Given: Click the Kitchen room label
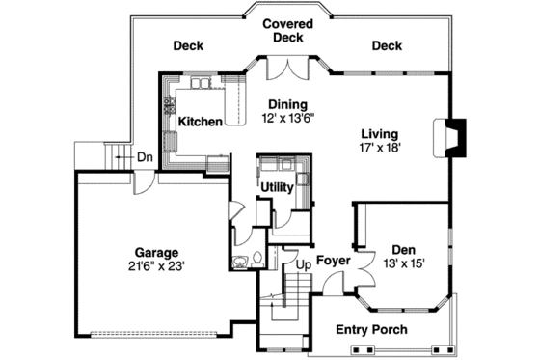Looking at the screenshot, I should [x=201, y=122].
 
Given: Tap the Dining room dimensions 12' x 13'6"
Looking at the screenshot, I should [x=288, y=118].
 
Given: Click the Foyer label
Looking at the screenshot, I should [x=333, y=261].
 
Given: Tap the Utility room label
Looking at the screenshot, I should [x=277, y=186].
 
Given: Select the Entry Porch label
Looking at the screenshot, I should [x=371, y=330].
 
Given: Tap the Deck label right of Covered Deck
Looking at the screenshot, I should [x=387, y=45].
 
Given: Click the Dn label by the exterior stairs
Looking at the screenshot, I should [x=144, y=158].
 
